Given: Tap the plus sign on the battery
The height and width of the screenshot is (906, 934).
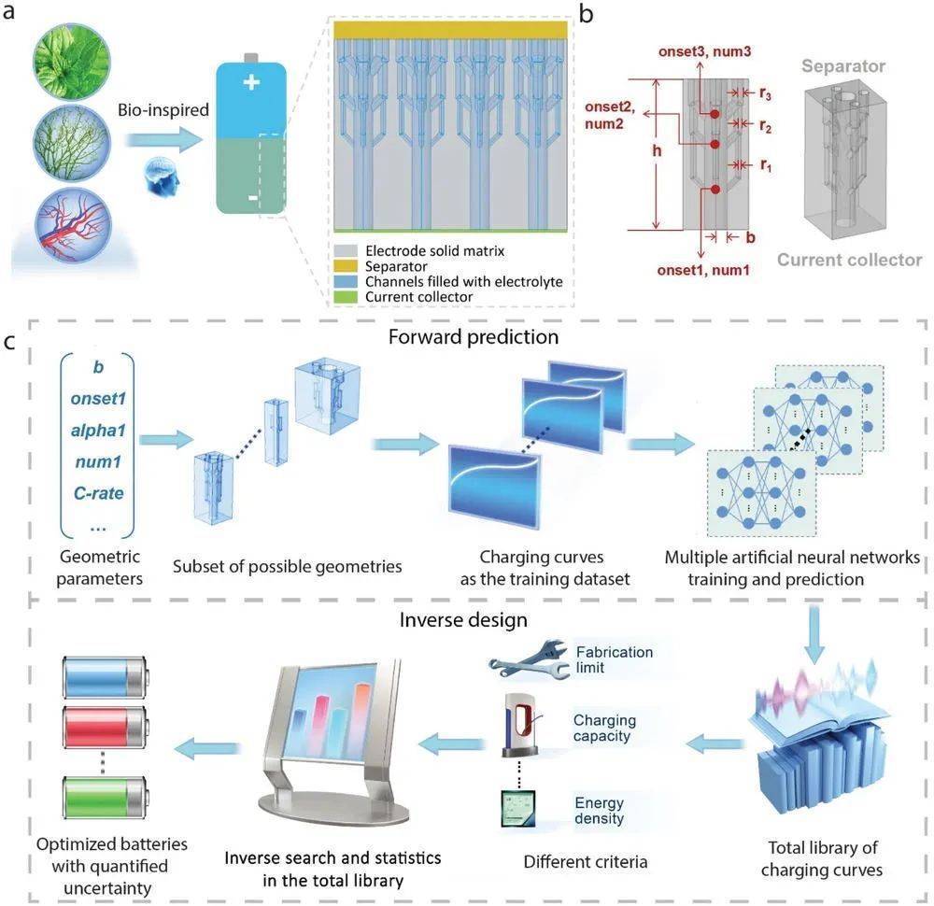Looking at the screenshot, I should coord(249,82).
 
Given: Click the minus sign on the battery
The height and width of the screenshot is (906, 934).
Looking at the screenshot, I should coord(249,199).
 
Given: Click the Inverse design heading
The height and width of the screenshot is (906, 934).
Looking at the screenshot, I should coord(478,619).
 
